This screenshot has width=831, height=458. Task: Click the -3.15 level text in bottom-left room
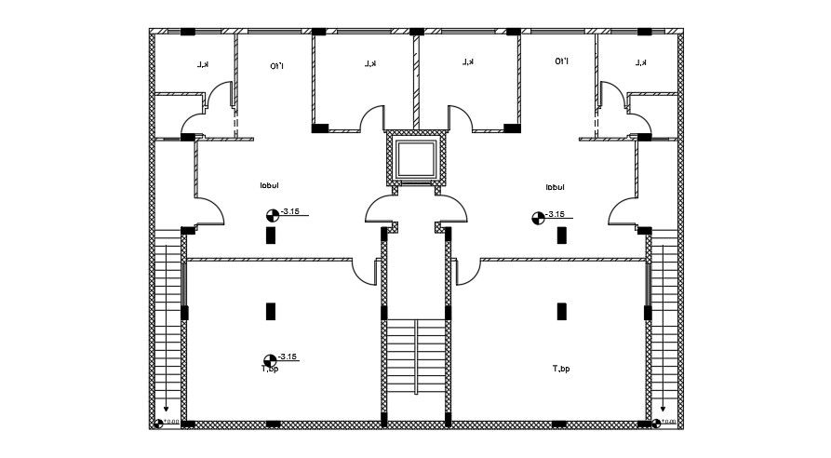[288, 357]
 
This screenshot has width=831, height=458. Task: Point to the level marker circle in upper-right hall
[538, 218]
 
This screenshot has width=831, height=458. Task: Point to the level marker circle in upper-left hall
[272, 215]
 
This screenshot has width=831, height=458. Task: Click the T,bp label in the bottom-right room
[560, 370]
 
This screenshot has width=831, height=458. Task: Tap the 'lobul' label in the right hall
[556, 187]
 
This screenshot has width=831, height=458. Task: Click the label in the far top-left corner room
[201, 64]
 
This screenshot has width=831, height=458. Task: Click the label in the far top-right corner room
[640, 62]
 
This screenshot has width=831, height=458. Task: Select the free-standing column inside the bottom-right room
[560, 310]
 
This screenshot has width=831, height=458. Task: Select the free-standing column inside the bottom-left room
[271, 310]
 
